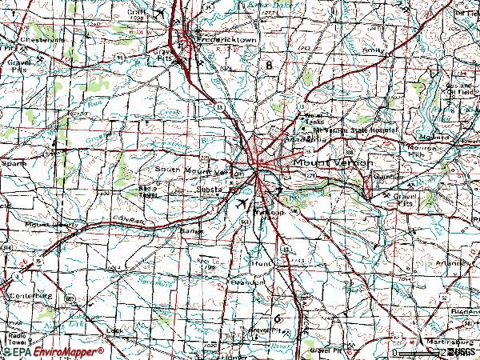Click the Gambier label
click(x=388, y=177)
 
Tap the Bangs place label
click(x=190, y=231)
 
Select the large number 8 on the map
click(x=269, y=64)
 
